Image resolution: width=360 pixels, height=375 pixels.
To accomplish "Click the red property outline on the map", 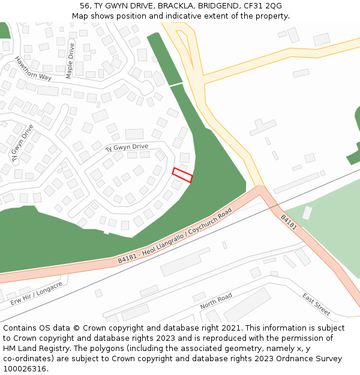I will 182,175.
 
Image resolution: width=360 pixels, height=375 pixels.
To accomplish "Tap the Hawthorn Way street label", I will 34,68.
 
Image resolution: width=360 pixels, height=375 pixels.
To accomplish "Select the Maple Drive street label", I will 70,61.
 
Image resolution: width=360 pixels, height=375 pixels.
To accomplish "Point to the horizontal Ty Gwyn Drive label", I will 127,147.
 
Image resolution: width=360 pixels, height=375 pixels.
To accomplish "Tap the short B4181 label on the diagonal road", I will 289,222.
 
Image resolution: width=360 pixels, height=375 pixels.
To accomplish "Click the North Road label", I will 216,301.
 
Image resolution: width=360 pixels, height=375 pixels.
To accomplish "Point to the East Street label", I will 316,304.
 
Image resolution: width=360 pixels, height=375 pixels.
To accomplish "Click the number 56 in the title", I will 85,5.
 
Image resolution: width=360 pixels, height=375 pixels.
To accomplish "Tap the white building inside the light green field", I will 307,213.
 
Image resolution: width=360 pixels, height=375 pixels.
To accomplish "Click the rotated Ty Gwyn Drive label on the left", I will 22,143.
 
